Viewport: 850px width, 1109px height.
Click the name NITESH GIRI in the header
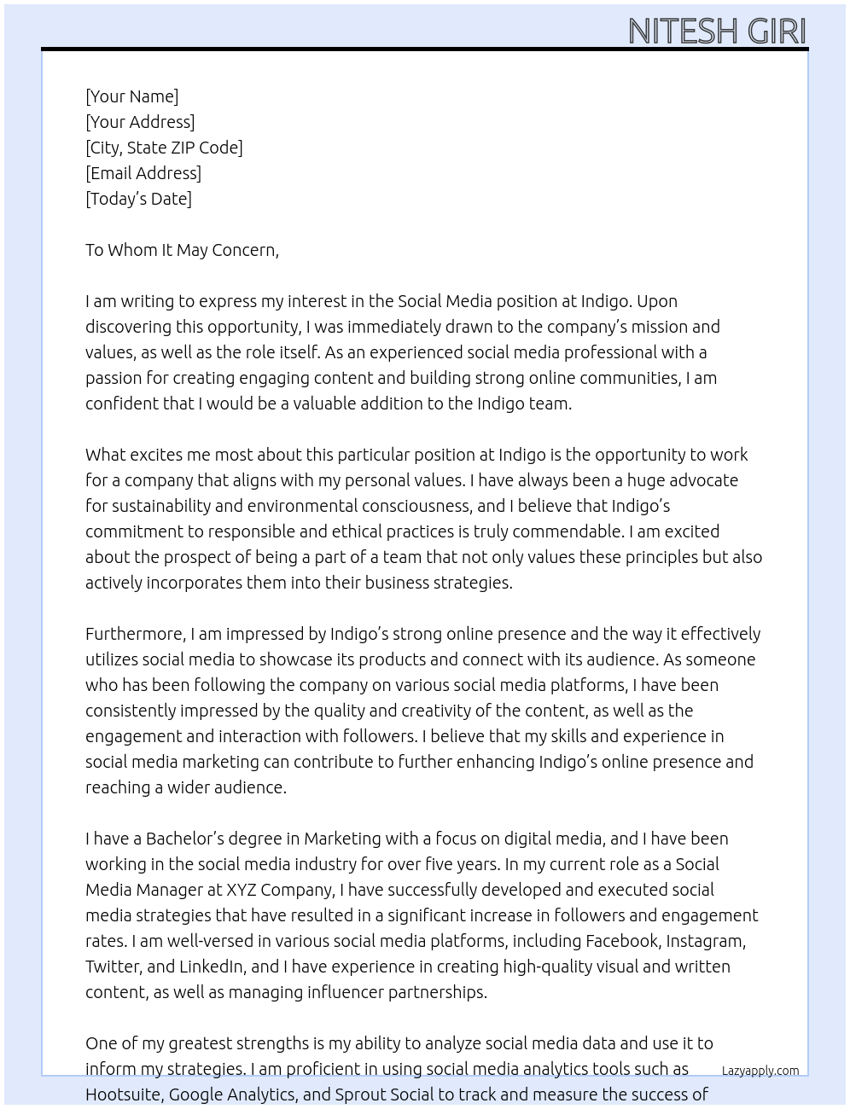point(717,31)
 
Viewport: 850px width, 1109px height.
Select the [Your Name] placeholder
point(131,96)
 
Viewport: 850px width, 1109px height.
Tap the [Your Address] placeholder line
point(140,122)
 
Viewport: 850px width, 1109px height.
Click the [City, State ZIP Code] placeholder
point(164,148)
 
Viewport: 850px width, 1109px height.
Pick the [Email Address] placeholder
point(143,173)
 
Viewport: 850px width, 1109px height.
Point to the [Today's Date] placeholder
point(138,199)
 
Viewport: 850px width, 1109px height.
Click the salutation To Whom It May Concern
point(182,250)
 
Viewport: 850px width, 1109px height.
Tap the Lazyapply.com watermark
point(760,1071)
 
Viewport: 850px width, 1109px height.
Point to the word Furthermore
point(135,634)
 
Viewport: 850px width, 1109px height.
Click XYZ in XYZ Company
point(242,890)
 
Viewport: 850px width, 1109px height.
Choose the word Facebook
point(622,941)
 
